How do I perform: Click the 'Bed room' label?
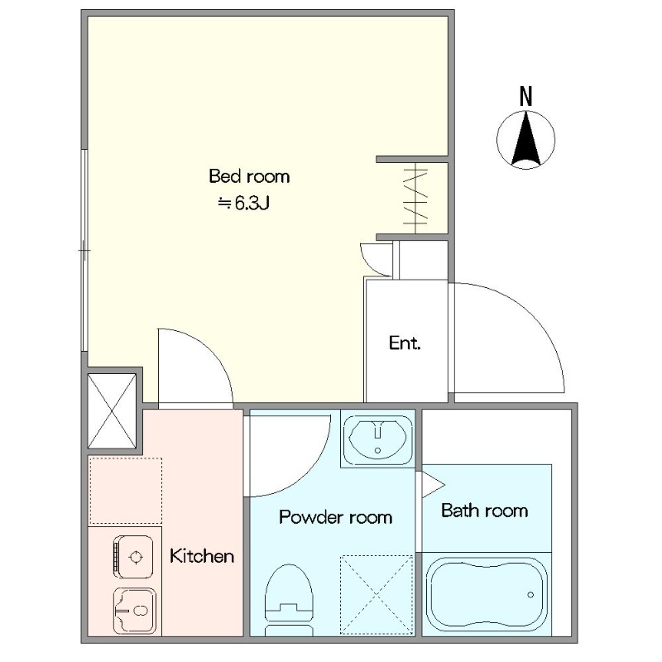(250, 176)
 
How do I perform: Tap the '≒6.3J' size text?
(243, 204)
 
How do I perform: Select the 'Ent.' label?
(405, 343)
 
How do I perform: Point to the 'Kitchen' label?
(202, 556)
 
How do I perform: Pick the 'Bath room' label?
(485, 511)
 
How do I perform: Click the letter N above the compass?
(526, 96)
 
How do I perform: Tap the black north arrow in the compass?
(526, 138)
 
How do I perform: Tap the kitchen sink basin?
(134, 611)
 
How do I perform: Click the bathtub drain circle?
(530, 595)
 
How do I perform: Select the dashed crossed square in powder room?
(377, 595)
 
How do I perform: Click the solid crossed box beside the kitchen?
(112, 410)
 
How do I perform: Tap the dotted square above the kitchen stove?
(125, 492)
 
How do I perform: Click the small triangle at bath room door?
(432, 484)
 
